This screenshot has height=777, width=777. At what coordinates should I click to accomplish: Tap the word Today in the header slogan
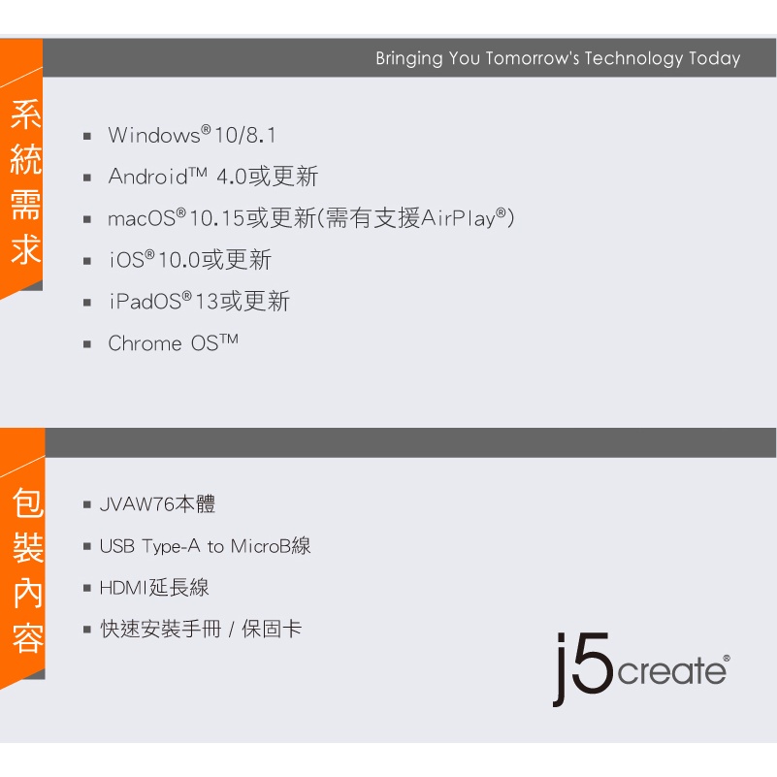coord(715,59)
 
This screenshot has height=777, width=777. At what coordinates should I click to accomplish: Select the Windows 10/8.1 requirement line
coord(192,135)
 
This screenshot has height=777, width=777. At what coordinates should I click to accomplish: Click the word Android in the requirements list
coord(147,177)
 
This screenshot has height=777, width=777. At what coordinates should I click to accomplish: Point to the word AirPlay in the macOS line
coord(459,218)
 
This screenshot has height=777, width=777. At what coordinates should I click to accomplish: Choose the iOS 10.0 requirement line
coord(190,260)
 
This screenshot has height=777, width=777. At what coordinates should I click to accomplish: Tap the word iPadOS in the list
coord(146,302)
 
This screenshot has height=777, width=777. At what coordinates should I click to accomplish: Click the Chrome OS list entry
coord(173,343)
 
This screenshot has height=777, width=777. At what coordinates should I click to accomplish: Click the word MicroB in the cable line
coord(261,546)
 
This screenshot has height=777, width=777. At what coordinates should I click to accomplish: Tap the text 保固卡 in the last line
coord(272,629)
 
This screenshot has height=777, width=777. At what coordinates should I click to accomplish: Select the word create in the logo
coord(672,671)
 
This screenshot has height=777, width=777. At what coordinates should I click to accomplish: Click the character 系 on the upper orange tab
coord(26,114)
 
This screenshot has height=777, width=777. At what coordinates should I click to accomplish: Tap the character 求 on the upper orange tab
coord(26,249)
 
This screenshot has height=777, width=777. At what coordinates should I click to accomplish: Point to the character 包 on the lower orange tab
coord(28,502)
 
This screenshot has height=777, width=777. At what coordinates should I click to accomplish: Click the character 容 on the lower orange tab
coord(28,638)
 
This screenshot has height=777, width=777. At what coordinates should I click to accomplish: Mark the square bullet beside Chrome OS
coord(87,344)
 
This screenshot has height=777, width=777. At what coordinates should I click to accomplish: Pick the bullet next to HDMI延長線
coord(87,588)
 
